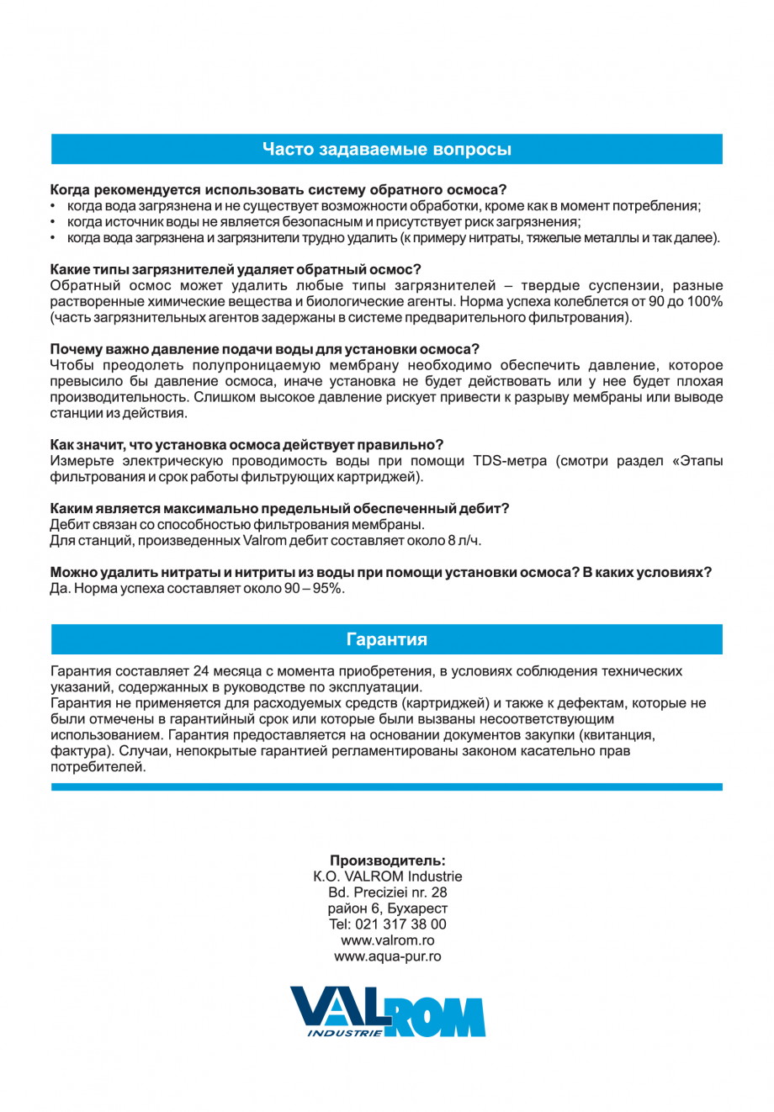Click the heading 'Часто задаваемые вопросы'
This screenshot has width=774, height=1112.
(386, 150)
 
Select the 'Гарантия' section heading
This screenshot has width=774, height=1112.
(386, 639)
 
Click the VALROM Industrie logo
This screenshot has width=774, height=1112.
(387, 1011)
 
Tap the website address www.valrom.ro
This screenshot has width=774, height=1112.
(387, 940)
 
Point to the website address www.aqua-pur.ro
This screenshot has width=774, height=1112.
(387, 956)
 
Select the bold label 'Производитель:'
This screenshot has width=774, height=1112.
(387, 860)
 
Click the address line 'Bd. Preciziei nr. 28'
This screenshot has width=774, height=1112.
(387, 892)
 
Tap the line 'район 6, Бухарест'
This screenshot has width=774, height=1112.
(387, 908)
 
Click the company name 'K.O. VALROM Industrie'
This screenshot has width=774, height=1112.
(387, 876)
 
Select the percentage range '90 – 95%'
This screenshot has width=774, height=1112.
(313, 589)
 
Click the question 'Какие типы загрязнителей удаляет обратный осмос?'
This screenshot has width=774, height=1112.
(236, 269)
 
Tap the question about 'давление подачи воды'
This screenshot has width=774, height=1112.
(264, 349)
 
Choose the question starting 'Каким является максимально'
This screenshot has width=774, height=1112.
(279, 509)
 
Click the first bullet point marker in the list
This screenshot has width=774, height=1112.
(54, 206)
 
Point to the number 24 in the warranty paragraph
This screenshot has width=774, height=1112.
(201, 671)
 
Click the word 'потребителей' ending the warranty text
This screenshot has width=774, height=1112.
(98, 767)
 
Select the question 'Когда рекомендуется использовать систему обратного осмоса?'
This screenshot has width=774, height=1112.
(278, 190)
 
